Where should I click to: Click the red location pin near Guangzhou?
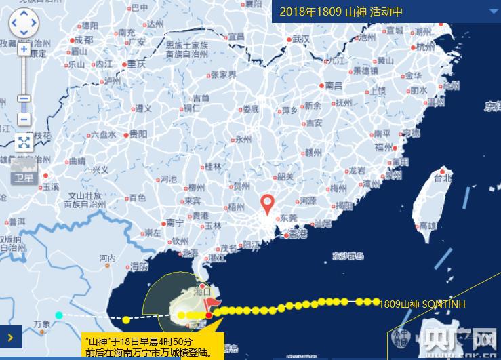tap(268, 203)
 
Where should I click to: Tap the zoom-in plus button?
tap(24, 49)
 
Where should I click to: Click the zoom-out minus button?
tap(24, 119)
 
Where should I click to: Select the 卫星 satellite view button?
tap(23, 178)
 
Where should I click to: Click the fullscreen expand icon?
tap(24, 142)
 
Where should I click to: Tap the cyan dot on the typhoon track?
tap(59, 315)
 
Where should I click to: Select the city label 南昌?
tap(334, 86)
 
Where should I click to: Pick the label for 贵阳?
tap(138, 134)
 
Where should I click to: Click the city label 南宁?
tap(175, 222)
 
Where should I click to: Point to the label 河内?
tap(108, 258)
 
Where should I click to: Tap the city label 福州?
tap(384, 147)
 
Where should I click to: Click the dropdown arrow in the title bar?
tap(493, 12)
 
